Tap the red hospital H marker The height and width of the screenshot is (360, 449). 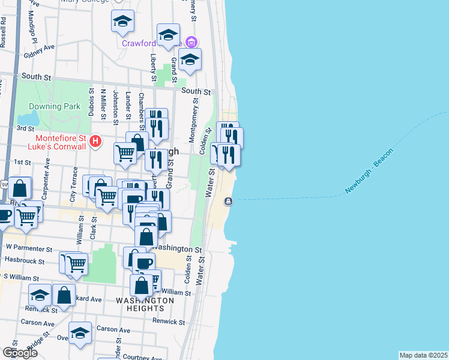95,142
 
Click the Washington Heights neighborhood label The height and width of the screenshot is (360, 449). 145,304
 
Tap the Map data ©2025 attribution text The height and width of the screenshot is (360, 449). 423,355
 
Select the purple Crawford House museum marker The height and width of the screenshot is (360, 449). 191,42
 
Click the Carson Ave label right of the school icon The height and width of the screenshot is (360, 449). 113,329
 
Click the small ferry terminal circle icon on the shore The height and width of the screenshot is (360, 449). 228,201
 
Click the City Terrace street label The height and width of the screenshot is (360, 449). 73,183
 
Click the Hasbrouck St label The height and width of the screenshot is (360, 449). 24,262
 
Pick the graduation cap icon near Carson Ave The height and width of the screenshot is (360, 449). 79,333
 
